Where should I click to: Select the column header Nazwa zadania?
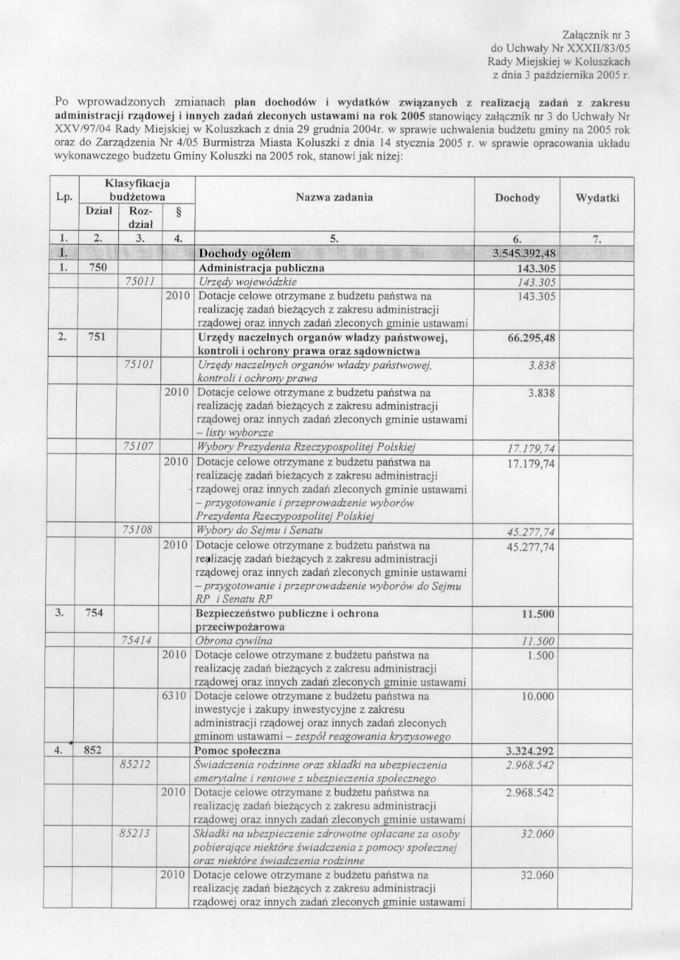tap(334, 197)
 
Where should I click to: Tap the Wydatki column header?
tap(597, 198)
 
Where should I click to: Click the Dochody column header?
tap(517, 198)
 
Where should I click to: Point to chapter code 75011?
tap(139, 282)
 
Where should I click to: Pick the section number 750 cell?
tap(97, 267)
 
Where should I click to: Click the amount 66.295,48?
tap(531, 338)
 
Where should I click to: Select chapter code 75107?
tap(138, 446)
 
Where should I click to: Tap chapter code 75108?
tap(138, 529)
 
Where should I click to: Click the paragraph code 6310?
tap(175, 696)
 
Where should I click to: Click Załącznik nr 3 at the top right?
tap(596, 34)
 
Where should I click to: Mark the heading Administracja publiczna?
tap(262, 268)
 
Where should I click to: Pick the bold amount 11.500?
tap(537, 614)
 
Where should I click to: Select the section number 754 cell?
tap(94, 613)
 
